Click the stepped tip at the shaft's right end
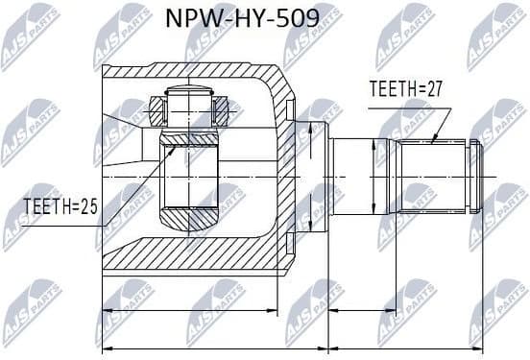point(473,177)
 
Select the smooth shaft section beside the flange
point(355,177)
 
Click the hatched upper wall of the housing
point(192,72)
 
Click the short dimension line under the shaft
point(403,311)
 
